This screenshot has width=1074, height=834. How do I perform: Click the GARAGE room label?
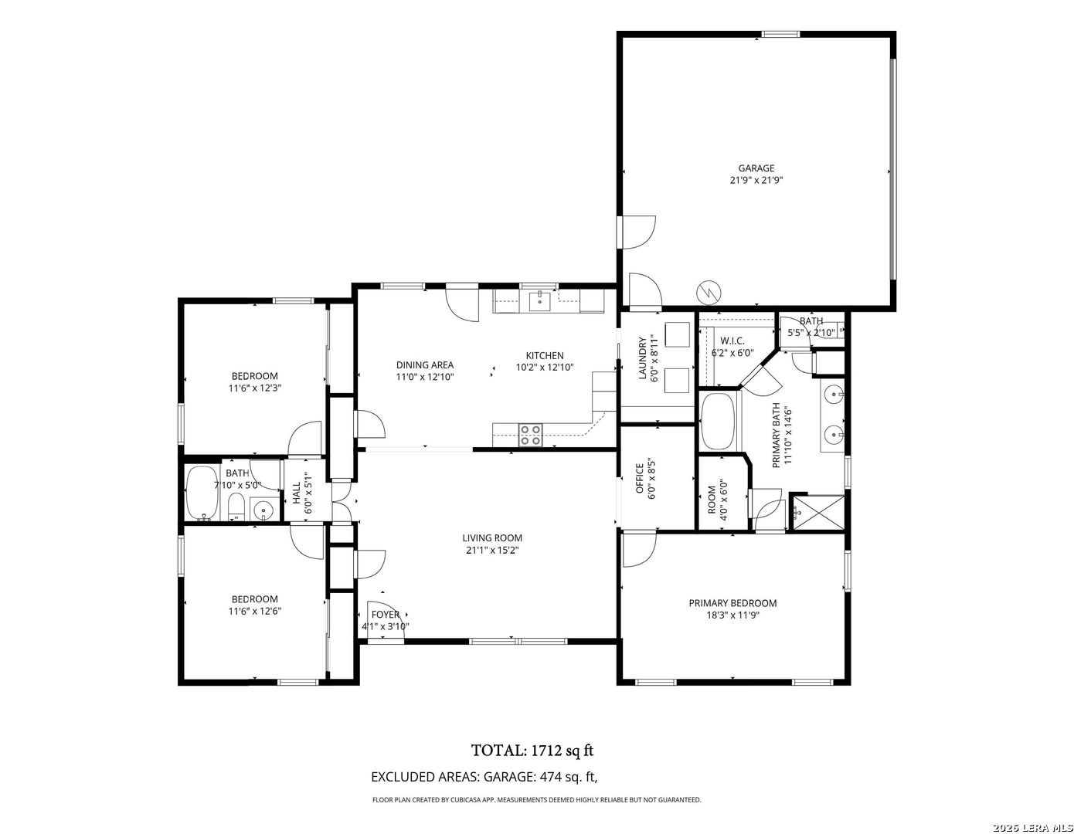[x=756, y=168]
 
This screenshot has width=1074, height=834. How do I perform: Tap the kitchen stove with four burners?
[x=530, y=435]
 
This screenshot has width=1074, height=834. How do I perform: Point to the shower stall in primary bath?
[x=818, y=513]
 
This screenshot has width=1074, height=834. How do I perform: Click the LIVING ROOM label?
[x=492, y=538]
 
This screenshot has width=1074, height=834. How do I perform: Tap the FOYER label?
[x=385, y=615]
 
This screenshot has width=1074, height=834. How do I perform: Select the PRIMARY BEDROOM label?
[x=732, y=603]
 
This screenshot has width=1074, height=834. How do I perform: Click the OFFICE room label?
[x=640, y=479]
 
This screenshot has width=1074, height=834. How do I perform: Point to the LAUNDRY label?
[x=643, y=358]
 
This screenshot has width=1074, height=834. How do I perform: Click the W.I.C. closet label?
[x=732, y=341]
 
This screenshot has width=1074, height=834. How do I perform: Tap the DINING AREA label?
[x=425, y=365]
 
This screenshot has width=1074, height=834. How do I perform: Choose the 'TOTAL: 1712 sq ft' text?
[x=532, y=751]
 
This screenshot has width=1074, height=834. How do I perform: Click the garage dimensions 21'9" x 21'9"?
[x=756, y=180]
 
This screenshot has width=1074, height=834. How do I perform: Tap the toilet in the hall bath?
[x=236, y=506]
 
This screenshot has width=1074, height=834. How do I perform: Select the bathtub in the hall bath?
[x=202, y=493]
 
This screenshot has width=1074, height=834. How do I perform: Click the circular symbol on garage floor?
[x=709, y=293]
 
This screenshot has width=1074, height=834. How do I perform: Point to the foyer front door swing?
[x=386, y=619]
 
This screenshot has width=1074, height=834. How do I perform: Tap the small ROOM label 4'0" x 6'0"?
[x=712, y=500]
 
